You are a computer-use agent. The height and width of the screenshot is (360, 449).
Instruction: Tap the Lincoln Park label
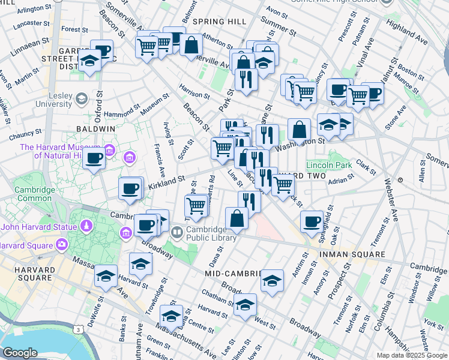tap(328, 165)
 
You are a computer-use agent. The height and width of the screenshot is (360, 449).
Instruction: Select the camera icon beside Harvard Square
tap(61, 245)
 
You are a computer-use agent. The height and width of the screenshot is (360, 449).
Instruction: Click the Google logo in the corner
tap(20, 352)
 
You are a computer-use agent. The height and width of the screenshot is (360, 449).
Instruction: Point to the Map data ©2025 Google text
tap(411, 355)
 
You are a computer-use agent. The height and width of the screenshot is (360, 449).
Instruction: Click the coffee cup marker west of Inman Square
tap(312, 221)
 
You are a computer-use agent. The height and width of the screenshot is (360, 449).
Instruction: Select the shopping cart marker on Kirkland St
tap(196, 205)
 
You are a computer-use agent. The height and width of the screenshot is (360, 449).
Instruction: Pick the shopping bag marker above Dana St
tap(237, 218)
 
